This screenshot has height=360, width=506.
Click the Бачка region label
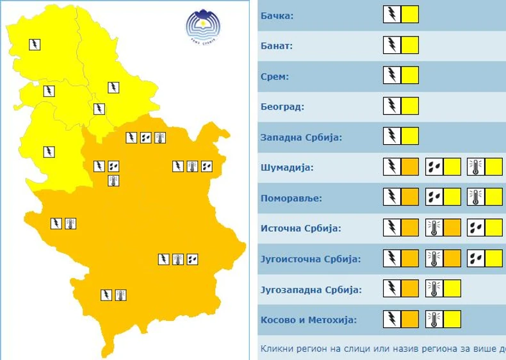pyautogui.click(x=277, y=15)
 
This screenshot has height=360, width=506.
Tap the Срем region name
pyautogui.click(x=275, y=76)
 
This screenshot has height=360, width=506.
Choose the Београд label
pyautogui.click(x=282, y=107)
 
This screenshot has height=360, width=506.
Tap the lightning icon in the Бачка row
pyautogui.click(x=391, y=15)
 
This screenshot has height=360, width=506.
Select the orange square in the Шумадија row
pyautogui.click(x=410, y=167)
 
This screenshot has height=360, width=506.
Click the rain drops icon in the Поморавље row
pyautogui.click(x=434, y=197)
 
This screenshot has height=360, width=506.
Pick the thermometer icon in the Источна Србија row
pyautogui.click(x=434, y=228)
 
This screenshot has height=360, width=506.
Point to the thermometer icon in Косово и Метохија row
pyautogui.click(x=434, y=319)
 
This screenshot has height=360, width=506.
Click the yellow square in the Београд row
pyautogui.click(x=410, y=106)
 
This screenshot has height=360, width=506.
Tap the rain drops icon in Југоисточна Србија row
pyautogui.click(x=476, y=258)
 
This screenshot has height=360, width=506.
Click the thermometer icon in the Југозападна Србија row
pyautogui.click(x=434, y=289)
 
